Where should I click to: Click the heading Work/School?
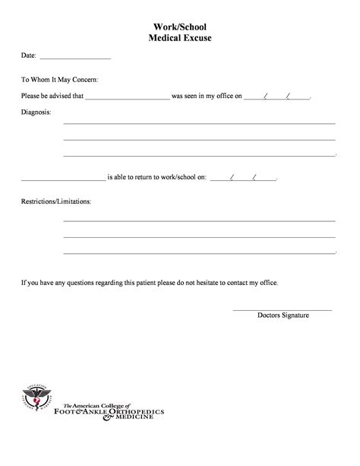coord(180,25)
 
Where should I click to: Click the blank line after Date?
coord(74,58)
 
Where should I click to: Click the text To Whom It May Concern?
coord(59,79)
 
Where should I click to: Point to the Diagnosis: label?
coord(36,113)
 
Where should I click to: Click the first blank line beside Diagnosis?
coord(199,122)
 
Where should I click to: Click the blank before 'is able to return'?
coord(63,179)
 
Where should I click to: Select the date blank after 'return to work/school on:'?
coord(243,179)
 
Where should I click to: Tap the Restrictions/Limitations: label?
coord(56,202)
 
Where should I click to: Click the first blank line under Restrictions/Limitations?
coord(199,220)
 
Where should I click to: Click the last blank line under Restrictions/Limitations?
coord(199,252)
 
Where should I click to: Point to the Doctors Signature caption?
coord(283,315)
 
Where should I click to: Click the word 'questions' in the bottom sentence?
coord(80,283)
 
